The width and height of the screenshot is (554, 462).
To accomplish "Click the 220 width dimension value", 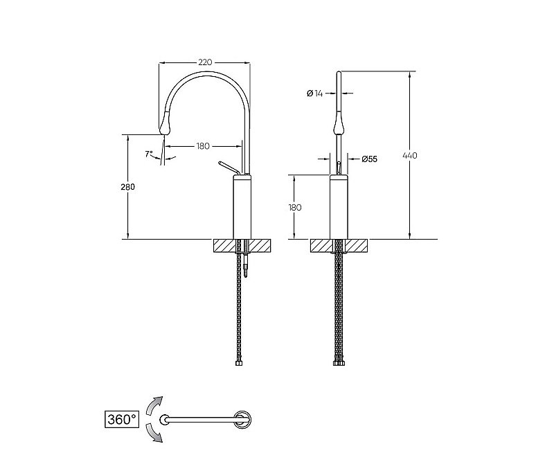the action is point(205,62).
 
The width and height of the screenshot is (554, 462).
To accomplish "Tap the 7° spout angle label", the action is point(149,154).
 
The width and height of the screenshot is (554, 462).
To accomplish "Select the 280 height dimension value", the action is point(127,186).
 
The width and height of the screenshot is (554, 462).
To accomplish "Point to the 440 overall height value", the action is point(410,155).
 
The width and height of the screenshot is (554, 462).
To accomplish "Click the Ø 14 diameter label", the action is point(315,94).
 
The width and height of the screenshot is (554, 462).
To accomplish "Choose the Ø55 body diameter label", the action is point(369,159).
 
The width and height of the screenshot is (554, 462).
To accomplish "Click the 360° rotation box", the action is point(122,420).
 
